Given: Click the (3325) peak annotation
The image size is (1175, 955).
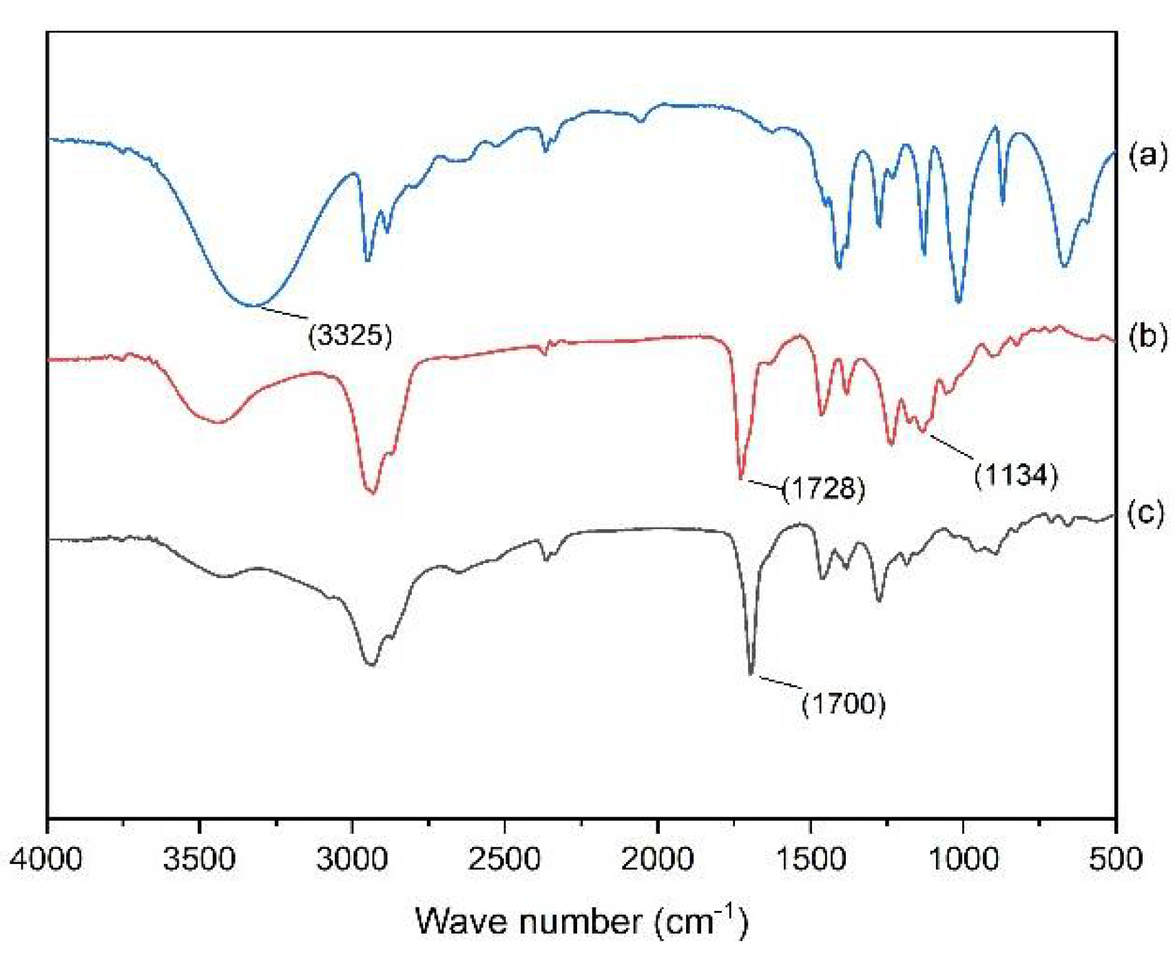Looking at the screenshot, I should tap(350, 335).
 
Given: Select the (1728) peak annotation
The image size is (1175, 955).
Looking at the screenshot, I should tap(823, 489).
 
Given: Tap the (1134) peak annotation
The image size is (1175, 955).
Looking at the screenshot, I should tap(1015, 475).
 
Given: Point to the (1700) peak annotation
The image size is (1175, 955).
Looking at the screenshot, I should tap(843, 704).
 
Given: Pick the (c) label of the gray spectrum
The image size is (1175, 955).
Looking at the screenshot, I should tap(1146, 513).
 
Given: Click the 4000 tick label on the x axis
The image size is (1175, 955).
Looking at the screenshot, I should tap(47, 859).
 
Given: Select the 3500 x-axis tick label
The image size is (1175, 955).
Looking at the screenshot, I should tap(200, 859).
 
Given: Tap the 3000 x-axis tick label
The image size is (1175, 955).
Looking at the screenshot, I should tap(352, 859).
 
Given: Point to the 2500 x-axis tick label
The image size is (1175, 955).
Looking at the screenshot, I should tap(505, 859).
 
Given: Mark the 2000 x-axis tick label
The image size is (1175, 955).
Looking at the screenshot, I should tap(657, 859).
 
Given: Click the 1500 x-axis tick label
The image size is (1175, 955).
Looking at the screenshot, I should tap(810, 859).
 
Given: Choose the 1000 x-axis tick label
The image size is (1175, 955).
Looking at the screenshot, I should tap(962, 859).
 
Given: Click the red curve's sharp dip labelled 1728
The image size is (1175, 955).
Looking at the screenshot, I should tap(741, 477).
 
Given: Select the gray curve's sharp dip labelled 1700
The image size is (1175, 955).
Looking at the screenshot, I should tap(751, 673).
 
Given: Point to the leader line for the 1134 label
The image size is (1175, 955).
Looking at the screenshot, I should tap(948, 446).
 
